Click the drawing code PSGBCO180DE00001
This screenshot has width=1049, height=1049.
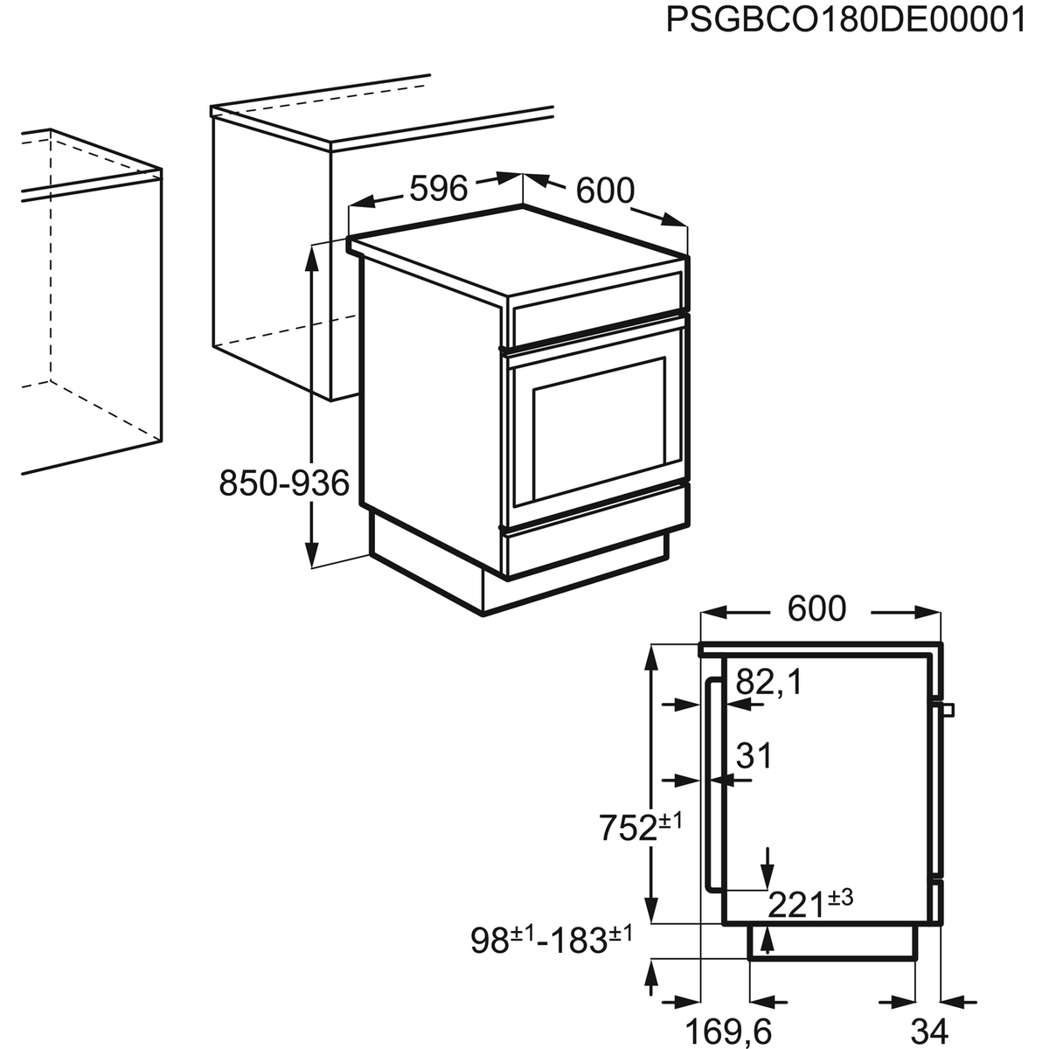point(844,19)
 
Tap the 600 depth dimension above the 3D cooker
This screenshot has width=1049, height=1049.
point(605,191)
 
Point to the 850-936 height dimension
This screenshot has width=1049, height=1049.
point(283,483)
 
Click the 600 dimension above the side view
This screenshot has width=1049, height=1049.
point(816,609)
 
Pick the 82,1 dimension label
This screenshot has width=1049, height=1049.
point(768,684)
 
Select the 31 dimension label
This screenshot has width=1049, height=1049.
point(754,755)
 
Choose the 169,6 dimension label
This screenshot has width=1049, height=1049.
point(727,1032)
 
